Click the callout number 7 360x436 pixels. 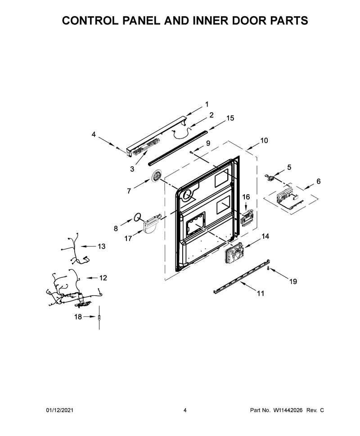(129, 191)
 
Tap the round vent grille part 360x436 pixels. (157, 176)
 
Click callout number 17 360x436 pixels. (128, 238)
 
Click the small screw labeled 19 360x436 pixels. (268, 268)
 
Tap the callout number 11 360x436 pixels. (260, 294)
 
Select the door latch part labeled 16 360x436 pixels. (247, 218)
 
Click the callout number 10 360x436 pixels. (264, 140)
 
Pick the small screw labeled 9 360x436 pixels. (191, 152)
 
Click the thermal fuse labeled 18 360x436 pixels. (99, 317)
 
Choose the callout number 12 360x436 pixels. (103, 278)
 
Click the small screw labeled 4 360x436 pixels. (118, 148)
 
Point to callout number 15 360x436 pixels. (230, 118)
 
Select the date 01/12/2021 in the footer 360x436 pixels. (59, 410)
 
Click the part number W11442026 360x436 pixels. (288, 410)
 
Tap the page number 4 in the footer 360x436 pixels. (185, 410)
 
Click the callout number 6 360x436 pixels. (318, 181)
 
